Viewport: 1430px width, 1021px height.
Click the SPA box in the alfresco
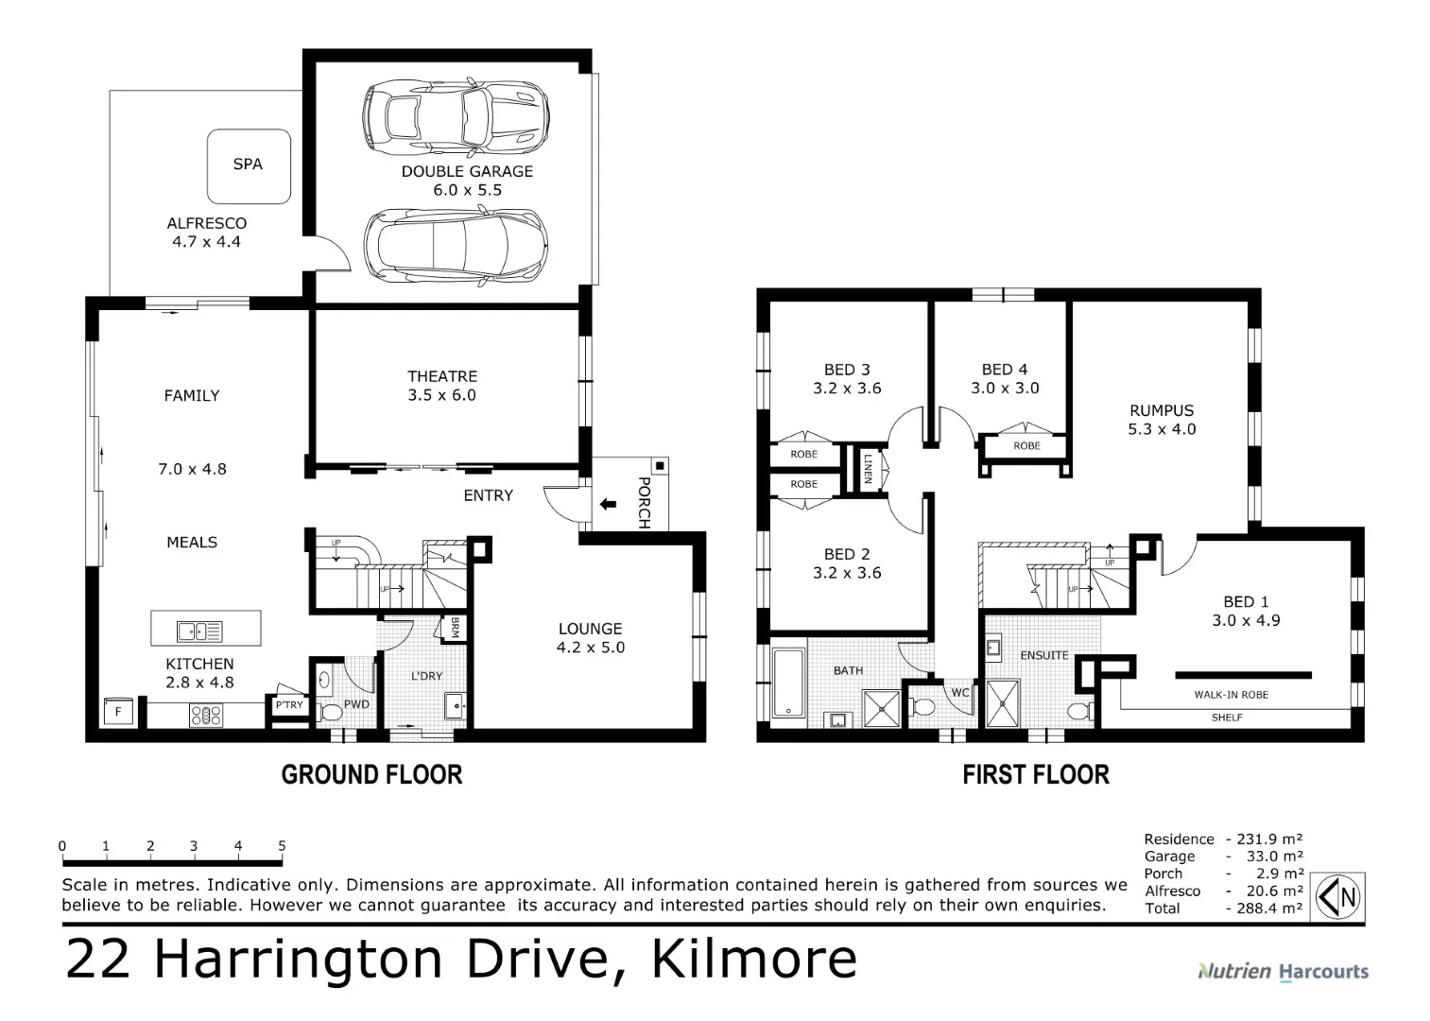(249, 165)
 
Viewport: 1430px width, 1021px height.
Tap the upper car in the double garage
(456, 118)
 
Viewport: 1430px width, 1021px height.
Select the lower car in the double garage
(456, 246)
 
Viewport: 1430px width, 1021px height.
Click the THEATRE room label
(442, 376)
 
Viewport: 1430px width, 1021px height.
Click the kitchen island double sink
(199, 631)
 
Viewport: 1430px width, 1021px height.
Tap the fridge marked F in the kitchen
(118, 712)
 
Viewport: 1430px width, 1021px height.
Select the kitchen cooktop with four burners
(206, 715)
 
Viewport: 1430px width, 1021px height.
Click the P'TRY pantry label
(289, 705)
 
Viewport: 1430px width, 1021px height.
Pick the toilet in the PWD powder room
(330, 712)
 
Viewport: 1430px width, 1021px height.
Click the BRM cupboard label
(455, 628)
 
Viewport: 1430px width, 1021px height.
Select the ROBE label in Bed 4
(1026, 446)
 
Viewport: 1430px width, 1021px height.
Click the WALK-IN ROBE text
(1231, 695)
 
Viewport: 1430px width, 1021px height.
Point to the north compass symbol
(1339, 896)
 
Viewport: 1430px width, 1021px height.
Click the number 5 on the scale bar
(282, 846)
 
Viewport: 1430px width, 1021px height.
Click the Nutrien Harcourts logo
(1283, 971)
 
